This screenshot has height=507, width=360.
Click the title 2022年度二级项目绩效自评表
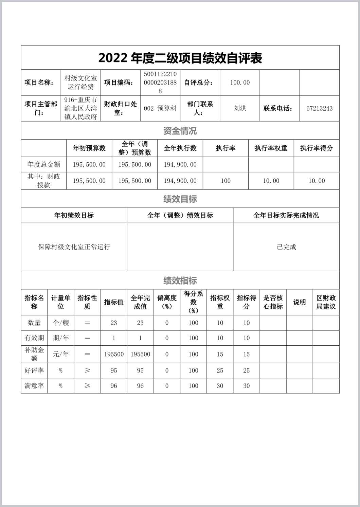point(180,58)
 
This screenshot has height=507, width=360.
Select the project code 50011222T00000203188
point(160,83)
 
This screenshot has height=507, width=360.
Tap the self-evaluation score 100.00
point(240,83)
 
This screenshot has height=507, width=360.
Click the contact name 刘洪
point(240,108)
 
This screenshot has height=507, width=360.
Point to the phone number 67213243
point(319,109)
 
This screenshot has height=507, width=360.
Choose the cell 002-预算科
point(160,109)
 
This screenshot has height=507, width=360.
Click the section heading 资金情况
point(180,131)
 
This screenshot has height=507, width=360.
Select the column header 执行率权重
point(271,148)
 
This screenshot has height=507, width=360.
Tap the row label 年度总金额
point(44,165)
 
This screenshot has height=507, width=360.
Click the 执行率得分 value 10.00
point(317,181)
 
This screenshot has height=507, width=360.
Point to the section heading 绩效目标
point(180,199)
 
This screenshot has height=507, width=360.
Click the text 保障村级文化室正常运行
point(74,247)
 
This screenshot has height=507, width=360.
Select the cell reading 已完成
point(286,247)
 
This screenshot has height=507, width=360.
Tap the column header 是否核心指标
point(273,302)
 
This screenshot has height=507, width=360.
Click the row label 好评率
point(34,370)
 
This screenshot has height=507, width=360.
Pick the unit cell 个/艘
point(61,323)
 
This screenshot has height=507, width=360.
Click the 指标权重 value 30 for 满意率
point(220,386)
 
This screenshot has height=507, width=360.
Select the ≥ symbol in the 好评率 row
point(87,370)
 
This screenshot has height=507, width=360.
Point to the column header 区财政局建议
point(326,302)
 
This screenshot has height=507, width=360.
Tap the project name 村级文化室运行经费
point(81,83)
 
